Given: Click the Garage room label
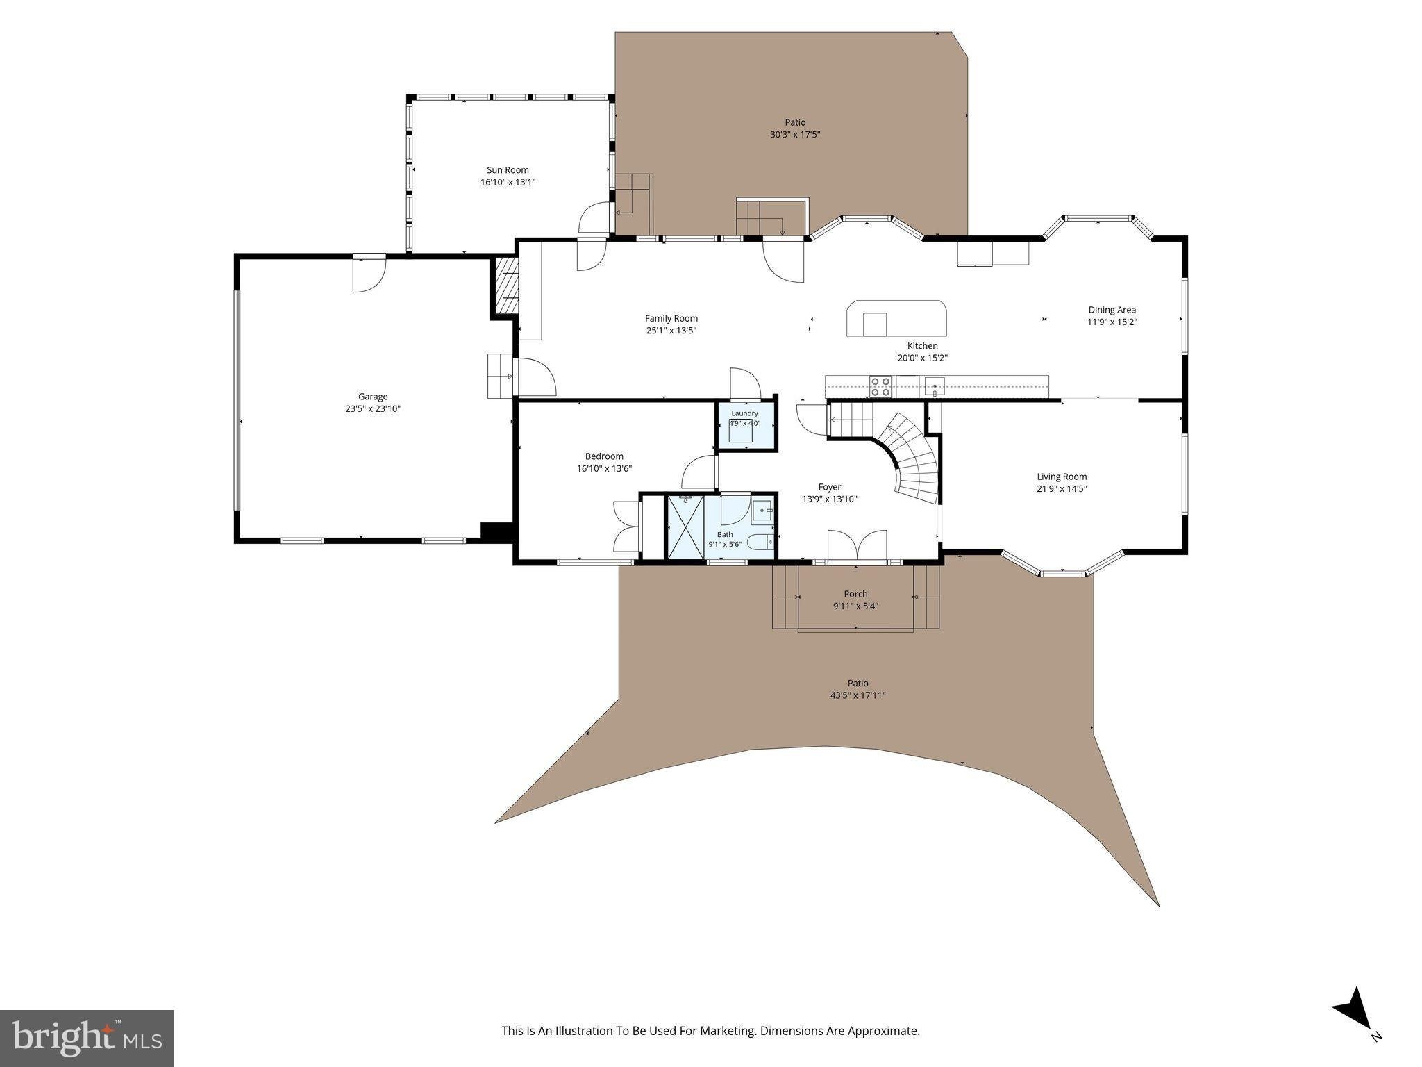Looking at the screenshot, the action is point(373,397).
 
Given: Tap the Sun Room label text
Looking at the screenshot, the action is point(508,169).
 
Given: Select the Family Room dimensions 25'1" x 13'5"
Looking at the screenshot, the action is point(671,331).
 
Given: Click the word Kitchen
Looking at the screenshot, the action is point(922,346).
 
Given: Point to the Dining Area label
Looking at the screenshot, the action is point(1112,310).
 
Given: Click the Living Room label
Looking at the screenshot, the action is point(1062,477).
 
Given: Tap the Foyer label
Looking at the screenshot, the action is point(830,487).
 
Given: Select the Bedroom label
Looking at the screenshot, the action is point(604,456).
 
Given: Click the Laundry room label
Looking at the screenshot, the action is point(745,413).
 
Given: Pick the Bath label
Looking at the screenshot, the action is point(725,534).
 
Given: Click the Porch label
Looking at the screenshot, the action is point(855,594).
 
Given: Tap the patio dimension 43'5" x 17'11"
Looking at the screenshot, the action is point(858,695).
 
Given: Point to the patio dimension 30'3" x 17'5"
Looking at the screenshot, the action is point(796,135).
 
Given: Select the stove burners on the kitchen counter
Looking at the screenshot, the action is point(880,386).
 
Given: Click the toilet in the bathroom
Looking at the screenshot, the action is point(762,540).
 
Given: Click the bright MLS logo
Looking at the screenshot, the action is point(87,1039).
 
